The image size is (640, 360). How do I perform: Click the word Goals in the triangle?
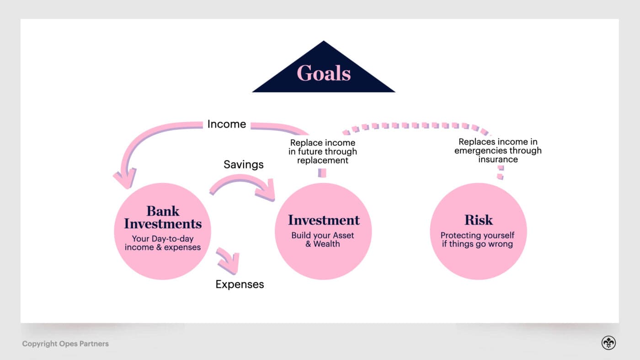(x=324, y=73)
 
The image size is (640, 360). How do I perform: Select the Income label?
(x=226, y=124)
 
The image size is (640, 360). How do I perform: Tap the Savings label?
(x=243, y=164)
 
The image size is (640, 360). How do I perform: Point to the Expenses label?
(x=240, y=284)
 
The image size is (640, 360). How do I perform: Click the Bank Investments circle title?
(x=163, y=217)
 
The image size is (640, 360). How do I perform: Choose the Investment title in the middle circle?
(x=324, y=220)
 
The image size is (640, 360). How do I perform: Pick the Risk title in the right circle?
(x=478, y=220)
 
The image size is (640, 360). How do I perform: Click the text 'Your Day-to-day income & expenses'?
(x=163, y=243)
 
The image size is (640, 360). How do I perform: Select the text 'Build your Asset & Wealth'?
(x=323, y=239)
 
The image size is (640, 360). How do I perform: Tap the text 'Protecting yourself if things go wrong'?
(x=477, y=239)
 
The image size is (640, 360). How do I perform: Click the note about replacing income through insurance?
(x=498, y=151)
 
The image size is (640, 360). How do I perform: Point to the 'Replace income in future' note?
(x=323, y=152)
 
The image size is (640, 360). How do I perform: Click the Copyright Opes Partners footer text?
(x=65, y=344)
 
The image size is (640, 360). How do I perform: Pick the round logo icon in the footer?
(x=608, y=343)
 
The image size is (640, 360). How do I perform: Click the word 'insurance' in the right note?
(x=498, y=159)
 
